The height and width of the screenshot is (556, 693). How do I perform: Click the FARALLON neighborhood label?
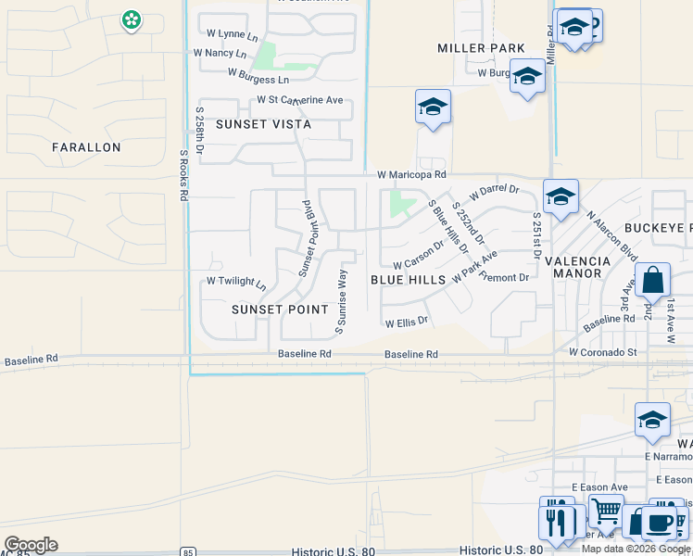pyautogui.click(x=86, y=147)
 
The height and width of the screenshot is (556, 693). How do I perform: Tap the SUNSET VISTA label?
pyautogui.click(x=263, y=124)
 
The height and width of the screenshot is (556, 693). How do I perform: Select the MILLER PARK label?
pyautogui.click(x=481, y=48)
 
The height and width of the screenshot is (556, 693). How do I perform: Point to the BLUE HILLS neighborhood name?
pyautogui.click(x=408, y=279)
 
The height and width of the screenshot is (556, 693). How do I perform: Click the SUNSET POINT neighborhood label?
pyautogui.click(x=280, y=310)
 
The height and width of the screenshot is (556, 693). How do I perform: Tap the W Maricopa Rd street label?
pyautogui.click(x=411, y=174)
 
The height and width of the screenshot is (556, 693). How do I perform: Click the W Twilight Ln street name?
pyautogui.click(x=235, y=281)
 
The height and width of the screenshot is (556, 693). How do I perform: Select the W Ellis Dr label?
pyautogui.click(x=406, y=322)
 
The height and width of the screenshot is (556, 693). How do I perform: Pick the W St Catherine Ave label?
pyautogui.click(x=300, y=99)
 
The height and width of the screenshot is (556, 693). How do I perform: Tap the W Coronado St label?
pyautogui.click(x=602, y=352)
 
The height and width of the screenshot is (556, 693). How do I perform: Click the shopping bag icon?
pyautogui.click(x=652, y=280)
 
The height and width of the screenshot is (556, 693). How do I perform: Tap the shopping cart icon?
pyautogui.click(x=606, y=510)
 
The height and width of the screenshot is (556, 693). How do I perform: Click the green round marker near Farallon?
pyautogui.click(x=132, y=19)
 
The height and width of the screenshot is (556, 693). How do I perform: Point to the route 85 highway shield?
pyautogui.click(x=189, y=552)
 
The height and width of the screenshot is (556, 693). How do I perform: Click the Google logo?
pyautogui.click(x=31, y=545)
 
